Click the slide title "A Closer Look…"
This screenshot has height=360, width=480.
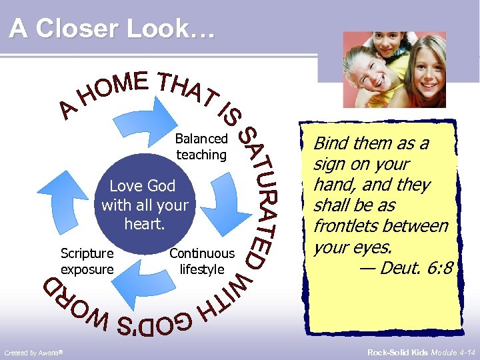[x=113, y=29]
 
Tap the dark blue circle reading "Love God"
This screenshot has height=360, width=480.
[x=145, y=205]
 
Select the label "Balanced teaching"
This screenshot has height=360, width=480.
[x=201, y=147]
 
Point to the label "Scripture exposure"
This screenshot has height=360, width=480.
[x=87, y=261]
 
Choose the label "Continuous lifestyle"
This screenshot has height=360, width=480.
[x=202, y=261]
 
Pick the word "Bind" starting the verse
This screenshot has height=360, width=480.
[x=330, y=143]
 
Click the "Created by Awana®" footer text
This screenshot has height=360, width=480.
[x=33, y=352]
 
